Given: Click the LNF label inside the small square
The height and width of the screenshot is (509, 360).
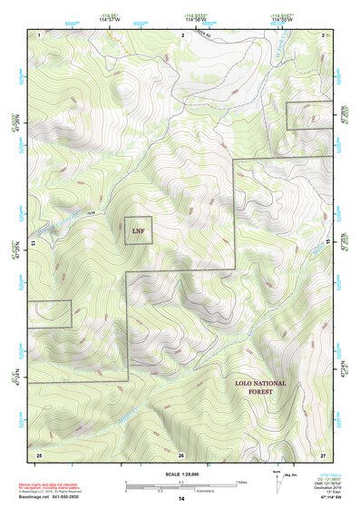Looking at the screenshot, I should point(138,230).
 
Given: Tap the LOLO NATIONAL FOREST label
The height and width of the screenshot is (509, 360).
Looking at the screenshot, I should point(259,387).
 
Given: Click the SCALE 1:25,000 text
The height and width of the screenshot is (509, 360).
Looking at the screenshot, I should point(180,474).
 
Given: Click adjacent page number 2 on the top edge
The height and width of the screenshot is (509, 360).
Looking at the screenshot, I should point(182,34).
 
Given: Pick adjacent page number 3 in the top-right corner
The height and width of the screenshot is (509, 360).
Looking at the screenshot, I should point(324,34).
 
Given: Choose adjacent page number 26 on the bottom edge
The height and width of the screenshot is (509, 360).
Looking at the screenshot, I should point(181,454).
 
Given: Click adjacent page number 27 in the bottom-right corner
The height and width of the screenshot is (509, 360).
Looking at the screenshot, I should point(323,454).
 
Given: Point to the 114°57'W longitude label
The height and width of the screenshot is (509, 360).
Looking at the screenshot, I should point(109,18).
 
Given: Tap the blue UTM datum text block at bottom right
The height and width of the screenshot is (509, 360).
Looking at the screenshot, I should point(324,485).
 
